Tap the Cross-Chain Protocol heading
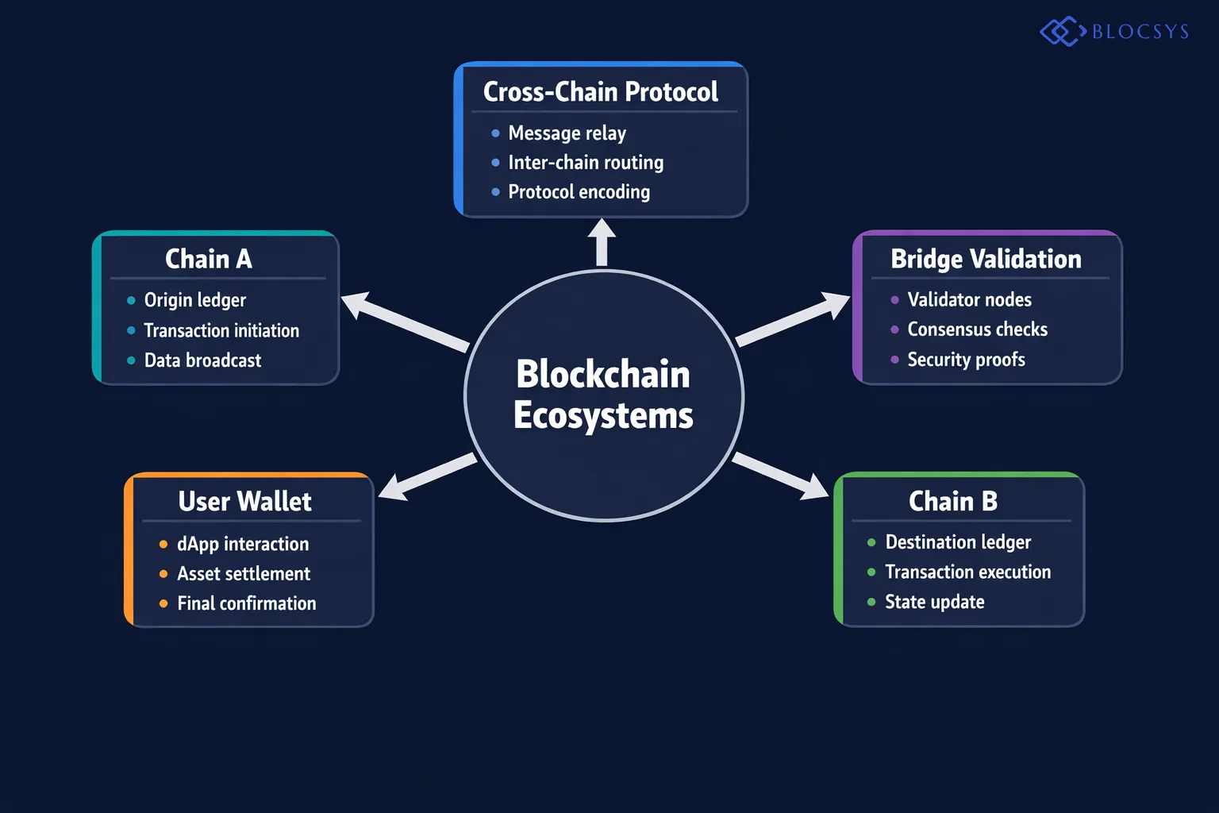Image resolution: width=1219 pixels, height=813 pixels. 600,92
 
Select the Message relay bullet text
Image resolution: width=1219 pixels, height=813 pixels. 567,133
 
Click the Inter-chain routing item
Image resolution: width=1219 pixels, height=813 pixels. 586,163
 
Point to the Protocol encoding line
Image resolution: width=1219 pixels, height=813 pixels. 579,192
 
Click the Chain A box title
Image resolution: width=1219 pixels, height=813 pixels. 209,259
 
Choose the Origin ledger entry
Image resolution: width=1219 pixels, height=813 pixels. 195,300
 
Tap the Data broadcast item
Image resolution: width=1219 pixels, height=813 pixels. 202,360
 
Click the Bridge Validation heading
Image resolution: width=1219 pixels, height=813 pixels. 986,259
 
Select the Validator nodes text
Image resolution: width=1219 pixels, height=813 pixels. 969,300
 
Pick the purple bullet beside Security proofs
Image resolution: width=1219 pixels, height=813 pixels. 894,360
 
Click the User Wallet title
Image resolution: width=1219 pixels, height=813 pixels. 244,502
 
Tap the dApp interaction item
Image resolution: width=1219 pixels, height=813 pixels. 243,544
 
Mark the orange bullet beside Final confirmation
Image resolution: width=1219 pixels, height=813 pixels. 163,603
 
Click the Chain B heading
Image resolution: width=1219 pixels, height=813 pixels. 952,501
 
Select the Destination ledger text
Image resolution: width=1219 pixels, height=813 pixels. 958,542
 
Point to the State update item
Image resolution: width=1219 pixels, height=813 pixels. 935,602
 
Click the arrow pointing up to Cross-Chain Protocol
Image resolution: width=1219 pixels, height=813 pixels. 602,241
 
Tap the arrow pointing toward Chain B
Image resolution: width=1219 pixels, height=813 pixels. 782,475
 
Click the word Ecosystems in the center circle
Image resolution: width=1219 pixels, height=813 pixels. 603,416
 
